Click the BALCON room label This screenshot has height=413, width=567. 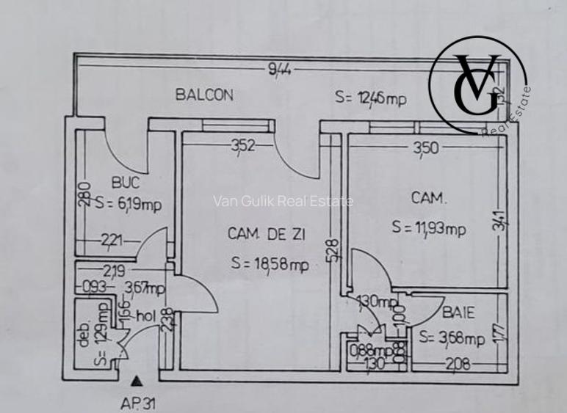tap(204, 95)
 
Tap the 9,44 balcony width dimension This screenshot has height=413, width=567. tap(280, 70)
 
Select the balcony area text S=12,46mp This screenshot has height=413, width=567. tap(370, 97)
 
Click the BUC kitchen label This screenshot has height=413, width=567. tap(125, 183)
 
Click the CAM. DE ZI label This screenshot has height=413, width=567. tap(266, 234)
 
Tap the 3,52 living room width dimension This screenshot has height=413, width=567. tap(243, 145)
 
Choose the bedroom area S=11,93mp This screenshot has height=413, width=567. tap(429, 228)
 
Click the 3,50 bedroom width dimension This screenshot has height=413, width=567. tap(426, 148)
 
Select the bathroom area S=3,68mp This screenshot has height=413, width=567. tap(452, 338)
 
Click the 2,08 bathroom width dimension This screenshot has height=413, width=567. tap(457, 363)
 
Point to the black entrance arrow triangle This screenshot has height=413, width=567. tap(137, 381)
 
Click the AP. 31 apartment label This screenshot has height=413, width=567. tap(138, 402)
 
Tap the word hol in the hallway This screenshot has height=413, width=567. tap(144, 318)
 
